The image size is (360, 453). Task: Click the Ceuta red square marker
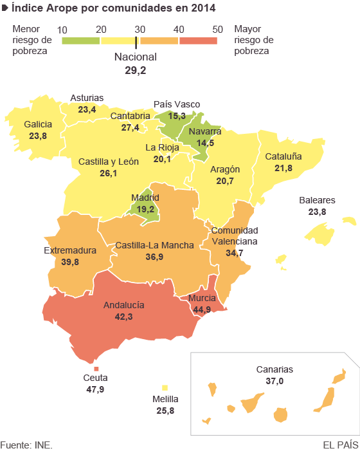[96, 368]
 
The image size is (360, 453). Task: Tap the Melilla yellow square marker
[165, 387]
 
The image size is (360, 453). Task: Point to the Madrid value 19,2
[145, 209]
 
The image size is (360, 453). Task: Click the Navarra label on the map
[205, 131]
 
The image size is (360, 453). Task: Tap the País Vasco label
[177, 104]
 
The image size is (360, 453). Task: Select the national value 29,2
[135, 69]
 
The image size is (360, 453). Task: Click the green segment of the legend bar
[81, 40]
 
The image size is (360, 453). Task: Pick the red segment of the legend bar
[198, 40]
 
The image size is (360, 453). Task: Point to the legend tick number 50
[217, 29]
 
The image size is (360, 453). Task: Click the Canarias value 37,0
[274, 381]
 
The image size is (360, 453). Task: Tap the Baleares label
[317, 200]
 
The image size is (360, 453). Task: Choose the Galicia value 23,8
[38, 136]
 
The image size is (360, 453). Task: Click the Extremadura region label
[70, 250]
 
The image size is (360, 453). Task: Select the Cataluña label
[283, 156]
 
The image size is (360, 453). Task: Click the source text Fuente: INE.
[26, 445]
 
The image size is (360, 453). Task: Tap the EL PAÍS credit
[340, 445]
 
